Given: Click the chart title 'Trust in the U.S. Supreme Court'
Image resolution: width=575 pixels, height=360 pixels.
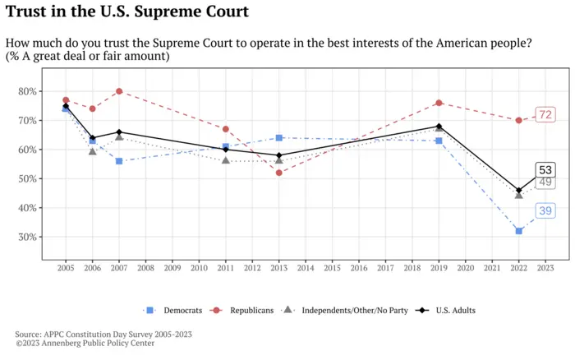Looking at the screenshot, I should pos(126,12).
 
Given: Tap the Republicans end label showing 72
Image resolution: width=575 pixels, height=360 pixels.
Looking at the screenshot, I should pos(545,114).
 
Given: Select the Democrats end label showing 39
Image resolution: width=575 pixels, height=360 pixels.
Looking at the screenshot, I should pos(545,211).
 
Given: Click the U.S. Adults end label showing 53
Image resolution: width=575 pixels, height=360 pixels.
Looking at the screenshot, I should pos(545,170).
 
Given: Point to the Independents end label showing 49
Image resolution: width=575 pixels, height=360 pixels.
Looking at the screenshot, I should pos(545,182).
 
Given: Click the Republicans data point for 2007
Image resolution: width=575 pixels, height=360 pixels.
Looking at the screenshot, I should pos(119,91).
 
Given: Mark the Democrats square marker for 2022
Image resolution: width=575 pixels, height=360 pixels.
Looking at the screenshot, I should pos(518,231).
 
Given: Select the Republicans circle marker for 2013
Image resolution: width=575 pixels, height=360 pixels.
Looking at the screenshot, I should pos(279,173).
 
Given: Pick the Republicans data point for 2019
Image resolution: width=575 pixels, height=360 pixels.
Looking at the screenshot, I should pos(439,103).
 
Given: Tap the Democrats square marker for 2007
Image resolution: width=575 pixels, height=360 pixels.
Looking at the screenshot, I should pos(119,161).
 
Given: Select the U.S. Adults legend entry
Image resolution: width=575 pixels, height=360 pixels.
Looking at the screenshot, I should pos(448,311).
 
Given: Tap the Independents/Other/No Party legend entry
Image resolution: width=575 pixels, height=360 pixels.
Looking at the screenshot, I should pos(345,311).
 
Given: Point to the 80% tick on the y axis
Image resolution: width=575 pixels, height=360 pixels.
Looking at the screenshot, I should pos(27,91).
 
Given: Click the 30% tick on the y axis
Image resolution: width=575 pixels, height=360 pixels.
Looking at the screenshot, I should pos(27,238).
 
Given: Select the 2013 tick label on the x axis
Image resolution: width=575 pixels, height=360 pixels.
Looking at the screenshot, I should pos(279,268).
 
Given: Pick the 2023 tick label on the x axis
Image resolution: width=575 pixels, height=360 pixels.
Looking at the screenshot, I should pos(545,268).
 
